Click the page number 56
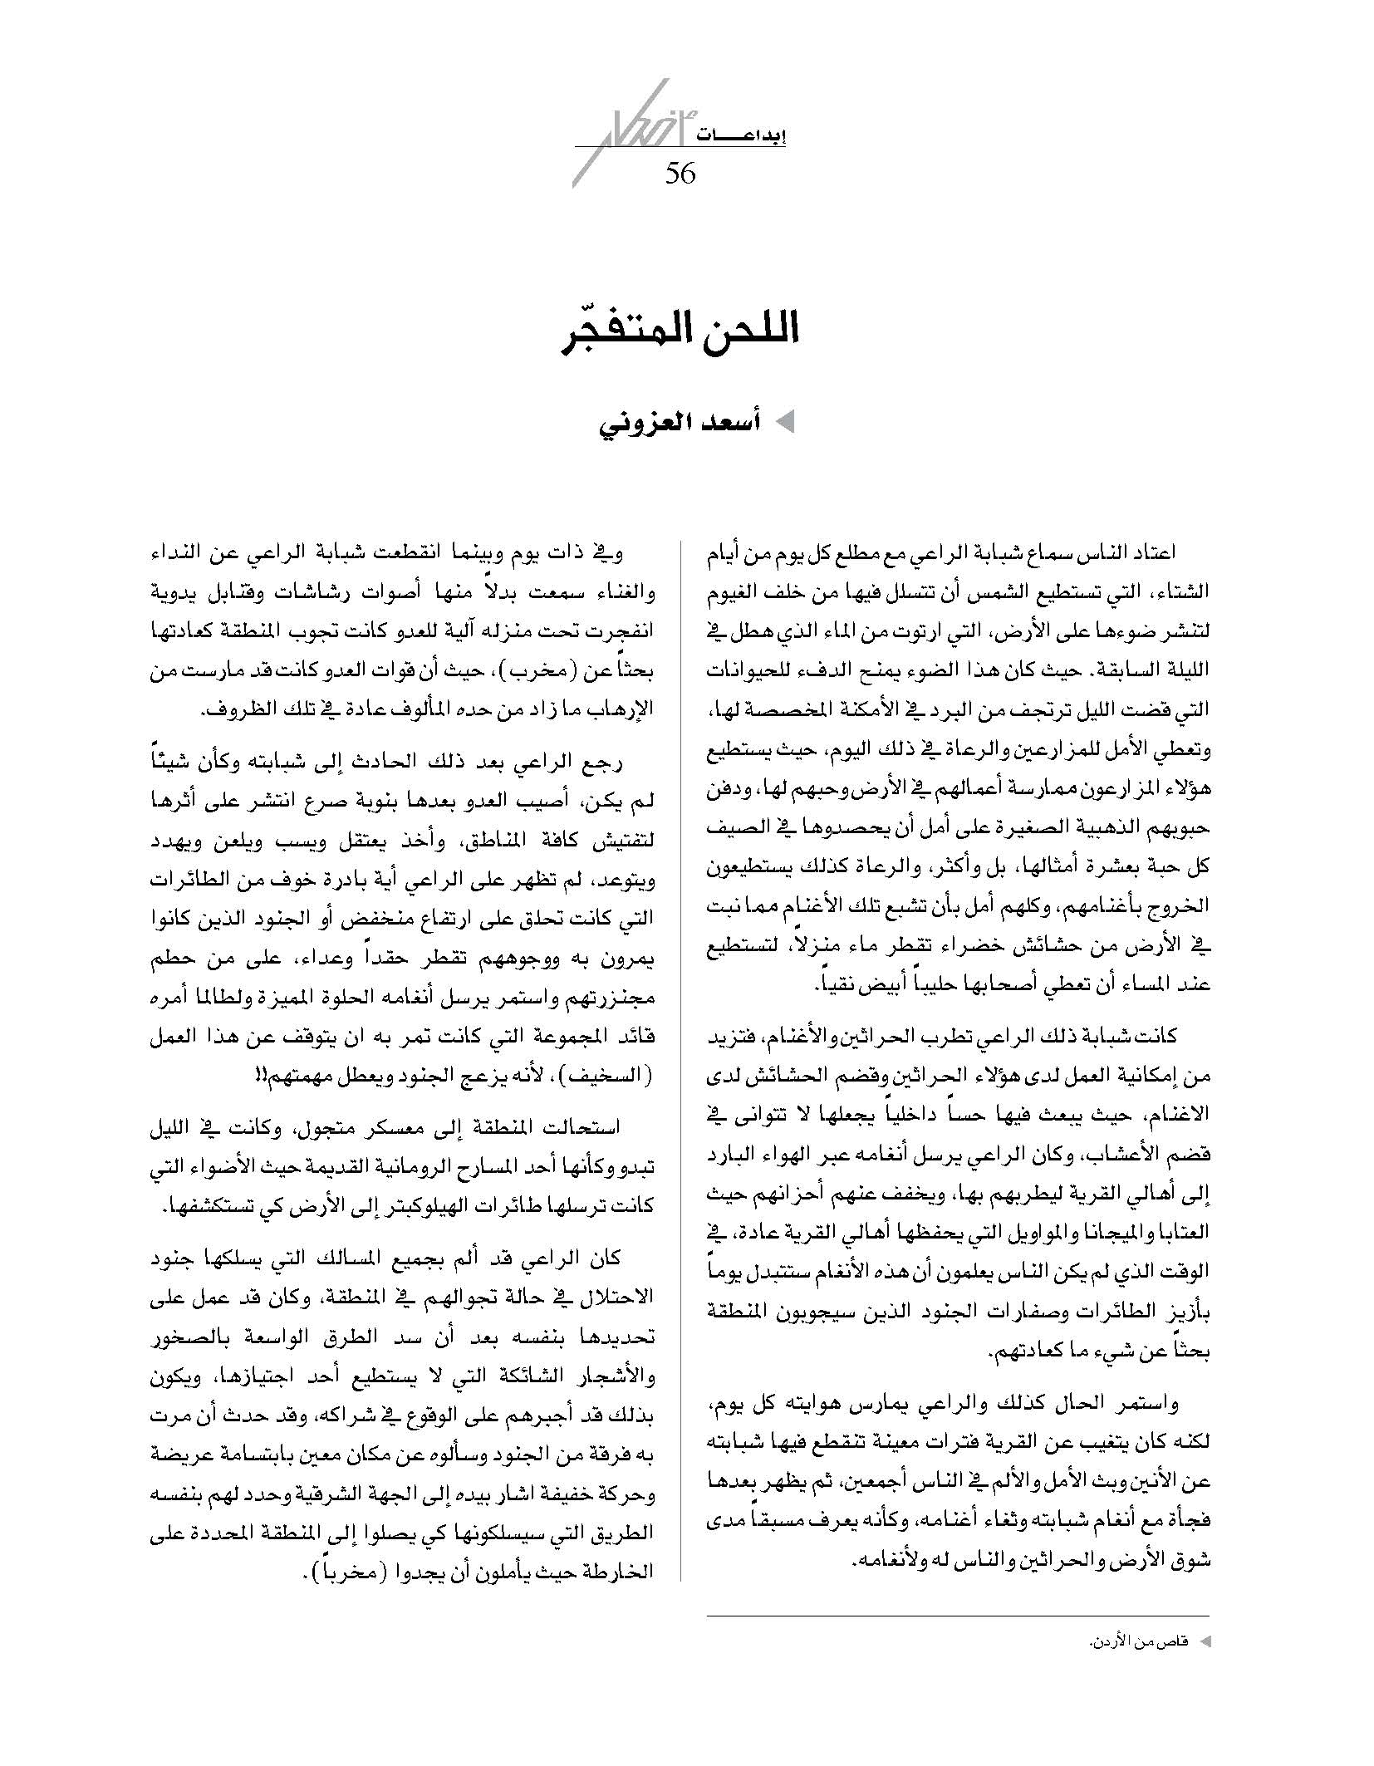(680, 174)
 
